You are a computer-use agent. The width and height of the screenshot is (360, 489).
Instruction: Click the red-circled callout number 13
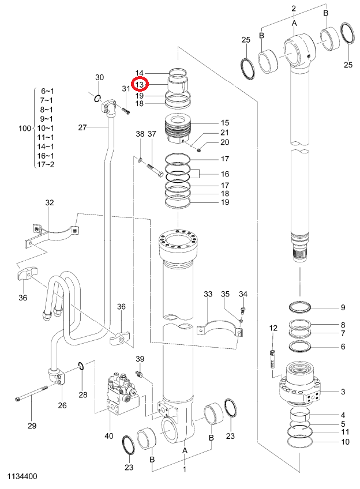click(x=140, y=84)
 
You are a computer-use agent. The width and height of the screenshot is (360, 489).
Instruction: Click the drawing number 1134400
click(x=22, y=476)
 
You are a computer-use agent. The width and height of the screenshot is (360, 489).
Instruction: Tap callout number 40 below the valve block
click(x=109, y=436)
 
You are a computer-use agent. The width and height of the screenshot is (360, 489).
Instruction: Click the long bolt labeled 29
click(x=31, y=393)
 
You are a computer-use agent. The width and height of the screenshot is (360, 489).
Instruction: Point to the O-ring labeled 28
click(x=81, y=366)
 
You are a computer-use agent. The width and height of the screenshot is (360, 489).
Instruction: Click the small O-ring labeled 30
click(x=97, y=99)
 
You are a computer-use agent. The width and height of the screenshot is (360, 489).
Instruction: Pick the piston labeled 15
click(x=177, y=129)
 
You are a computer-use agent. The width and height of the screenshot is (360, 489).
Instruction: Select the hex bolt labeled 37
click(x=154, y=171)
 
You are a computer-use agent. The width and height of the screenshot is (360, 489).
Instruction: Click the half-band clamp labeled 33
click(x=220, y=330)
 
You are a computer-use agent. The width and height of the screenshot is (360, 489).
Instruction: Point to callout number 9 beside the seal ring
click(x=343, y=307)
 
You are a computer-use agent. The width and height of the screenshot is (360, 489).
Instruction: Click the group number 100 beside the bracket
click(x=25, y=128)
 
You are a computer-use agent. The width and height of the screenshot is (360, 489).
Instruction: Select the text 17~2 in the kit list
click(x=46, y=164)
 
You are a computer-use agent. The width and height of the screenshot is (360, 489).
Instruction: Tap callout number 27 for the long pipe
click(x=82, y=127)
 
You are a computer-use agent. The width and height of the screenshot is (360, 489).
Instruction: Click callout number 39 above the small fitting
click(x=140, y=359)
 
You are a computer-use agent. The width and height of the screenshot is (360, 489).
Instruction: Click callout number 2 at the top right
click(x=294, y=9)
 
